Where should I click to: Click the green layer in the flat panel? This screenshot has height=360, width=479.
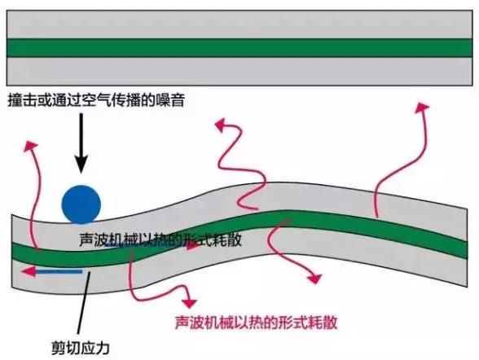[x=239, y=48]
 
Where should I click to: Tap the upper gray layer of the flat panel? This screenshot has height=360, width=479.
[x=239, y=24]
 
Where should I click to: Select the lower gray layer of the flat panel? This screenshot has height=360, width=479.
[x=239, y=71]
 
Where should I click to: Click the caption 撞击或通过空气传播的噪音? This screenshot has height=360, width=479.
[x=96, y=100]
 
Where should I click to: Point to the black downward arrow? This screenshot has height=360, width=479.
[x=81, y=143]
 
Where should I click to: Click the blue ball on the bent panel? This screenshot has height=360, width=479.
[x=81, y=204]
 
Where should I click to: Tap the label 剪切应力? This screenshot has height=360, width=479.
[x=80, y=348]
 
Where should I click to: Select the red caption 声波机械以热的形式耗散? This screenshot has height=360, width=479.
[x=256, y=323]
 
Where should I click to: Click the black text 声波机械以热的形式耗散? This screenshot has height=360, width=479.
[x=160, y=239]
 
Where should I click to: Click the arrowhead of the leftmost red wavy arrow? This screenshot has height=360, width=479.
[x=31, y=145]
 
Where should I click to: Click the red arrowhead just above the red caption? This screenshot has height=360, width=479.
[x=189, y=303]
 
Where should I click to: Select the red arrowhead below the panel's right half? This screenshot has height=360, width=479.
[x=315, y=279]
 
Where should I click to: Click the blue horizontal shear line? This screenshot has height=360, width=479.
[x=58, y=271]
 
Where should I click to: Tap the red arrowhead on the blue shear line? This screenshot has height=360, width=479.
[x=28, y=271]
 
